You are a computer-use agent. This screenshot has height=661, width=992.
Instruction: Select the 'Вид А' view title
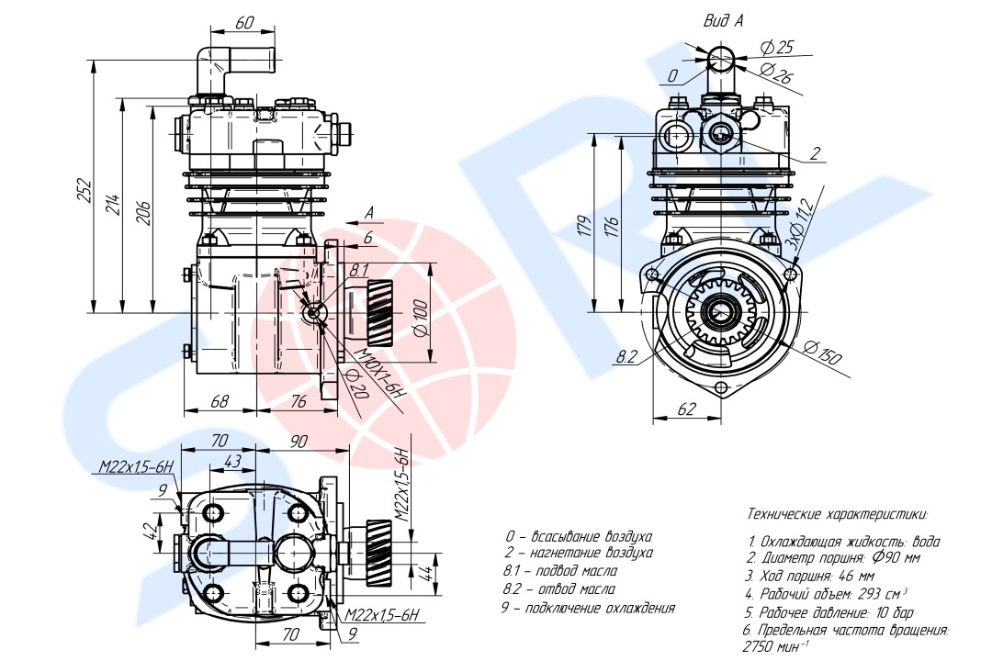pos(724,20)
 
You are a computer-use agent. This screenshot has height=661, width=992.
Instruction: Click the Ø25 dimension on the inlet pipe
pos(777,47)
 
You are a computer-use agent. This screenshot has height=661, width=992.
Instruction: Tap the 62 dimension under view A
pos(686,409)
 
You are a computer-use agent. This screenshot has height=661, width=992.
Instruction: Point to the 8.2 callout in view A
pos(626,357)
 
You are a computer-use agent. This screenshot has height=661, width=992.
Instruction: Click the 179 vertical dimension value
pos(584,226)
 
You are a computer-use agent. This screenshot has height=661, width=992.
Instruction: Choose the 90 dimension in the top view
pos(298,441)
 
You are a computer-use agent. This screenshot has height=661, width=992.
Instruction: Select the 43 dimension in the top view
pos(232,461)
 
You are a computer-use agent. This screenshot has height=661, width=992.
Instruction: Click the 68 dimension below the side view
pos(219,401)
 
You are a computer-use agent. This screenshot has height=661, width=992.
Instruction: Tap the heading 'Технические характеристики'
pos(838,513)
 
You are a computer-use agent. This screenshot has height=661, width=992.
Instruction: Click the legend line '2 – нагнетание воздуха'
pos(579,553)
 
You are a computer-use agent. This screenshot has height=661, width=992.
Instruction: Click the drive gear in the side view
pos(379,312)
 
